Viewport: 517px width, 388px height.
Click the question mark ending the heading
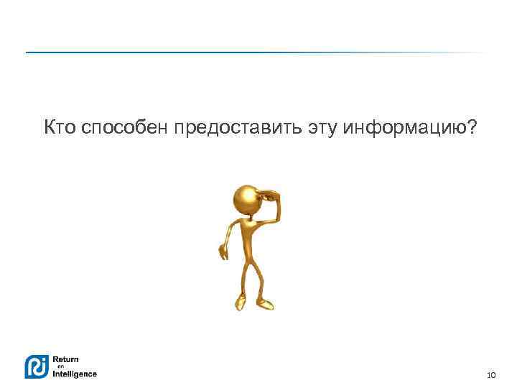[471, 128]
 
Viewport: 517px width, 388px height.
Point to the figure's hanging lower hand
[223, 252]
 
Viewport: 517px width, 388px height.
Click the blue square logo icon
[37, 366]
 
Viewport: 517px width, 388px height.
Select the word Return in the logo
[66, 359]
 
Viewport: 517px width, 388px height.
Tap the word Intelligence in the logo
[75, 374]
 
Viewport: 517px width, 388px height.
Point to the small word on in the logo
[61, 366]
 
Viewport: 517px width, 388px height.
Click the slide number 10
[491, 375]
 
